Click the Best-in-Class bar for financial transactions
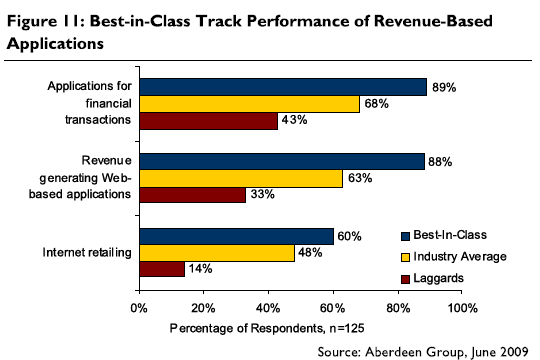(283, 87)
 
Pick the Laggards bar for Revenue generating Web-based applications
(192, 196)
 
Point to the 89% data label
(445, 87)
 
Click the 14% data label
(201, 270)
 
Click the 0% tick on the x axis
(139, 307)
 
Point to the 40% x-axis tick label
(269, 307)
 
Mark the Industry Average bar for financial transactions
(249, 103)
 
